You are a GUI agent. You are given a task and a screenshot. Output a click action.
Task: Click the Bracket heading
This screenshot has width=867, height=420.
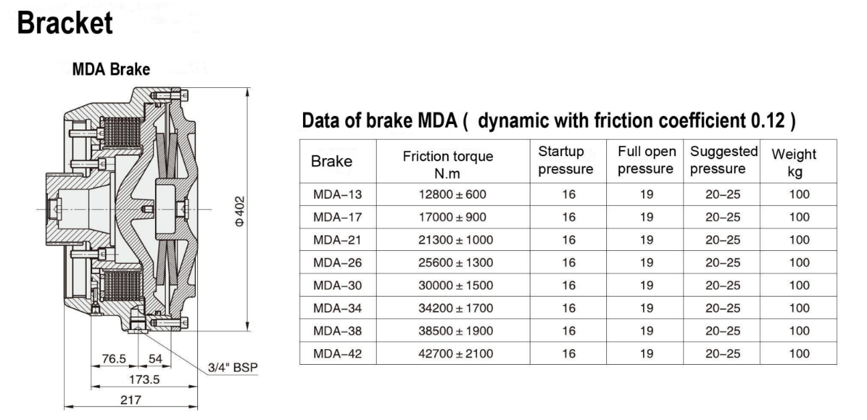pyautogui.click(x=65, y=23)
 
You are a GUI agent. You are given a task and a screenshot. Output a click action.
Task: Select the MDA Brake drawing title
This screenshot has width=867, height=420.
pyautogui.click(x=111, y=70)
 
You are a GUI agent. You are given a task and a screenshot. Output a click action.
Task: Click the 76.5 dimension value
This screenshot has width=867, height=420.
pyautogui.click(x=114, y=359)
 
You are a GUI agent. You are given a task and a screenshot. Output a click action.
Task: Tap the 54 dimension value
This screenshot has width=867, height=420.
pyautogui.click(x=155, y=359)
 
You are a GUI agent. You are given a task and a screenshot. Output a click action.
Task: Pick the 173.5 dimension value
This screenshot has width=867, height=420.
pyautogui.click(x=145, y=378)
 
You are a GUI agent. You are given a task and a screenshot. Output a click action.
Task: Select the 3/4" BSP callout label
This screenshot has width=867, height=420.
pyautogui.click(x=233, y=367)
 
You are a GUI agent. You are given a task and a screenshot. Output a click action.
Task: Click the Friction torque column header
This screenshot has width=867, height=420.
pyautogui.click(x=448, y=164)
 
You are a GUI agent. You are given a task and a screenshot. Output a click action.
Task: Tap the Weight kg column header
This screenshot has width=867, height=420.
pyautogui.click(x=794, y=162)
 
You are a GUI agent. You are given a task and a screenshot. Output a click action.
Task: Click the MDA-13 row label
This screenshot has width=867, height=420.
pyautogui.click(x=337, y=194)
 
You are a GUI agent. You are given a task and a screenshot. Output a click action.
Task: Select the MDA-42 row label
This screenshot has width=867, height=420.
pyautogui.click(x=337, y=353)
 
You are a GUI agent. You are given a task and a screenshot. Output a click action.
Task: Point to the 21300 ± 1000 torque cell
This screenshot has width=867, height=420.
pyautogui.click(x=455, y=240)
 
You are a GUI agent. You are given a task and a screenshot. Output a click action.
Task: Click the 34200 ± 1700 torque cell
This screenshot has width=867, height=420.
pyautogui.click(x=455, y=308)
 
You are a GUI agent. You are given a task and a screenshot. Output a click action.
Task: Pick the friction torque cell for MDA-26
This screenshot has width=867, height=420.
pyautogui.click(x=455, y=262)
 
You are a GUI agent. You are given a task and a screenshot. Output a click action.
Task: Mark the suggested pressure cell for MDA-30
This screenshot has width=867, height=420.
pyautogui.click(x=723, y=285)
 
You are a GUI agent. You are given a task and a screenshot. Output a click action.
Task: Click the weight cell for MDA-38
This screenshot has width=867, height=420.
pyautogui.click(x=799, y=331)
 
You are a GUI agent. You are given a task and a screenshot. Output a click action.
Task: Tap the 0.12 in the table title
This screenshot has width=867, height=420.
pyautogui.click(x=767, y=121)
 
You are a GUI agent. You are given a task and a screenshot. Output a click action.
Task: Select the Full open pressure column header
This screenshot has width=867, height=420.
pyautogui.click(x=646, y=160)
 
